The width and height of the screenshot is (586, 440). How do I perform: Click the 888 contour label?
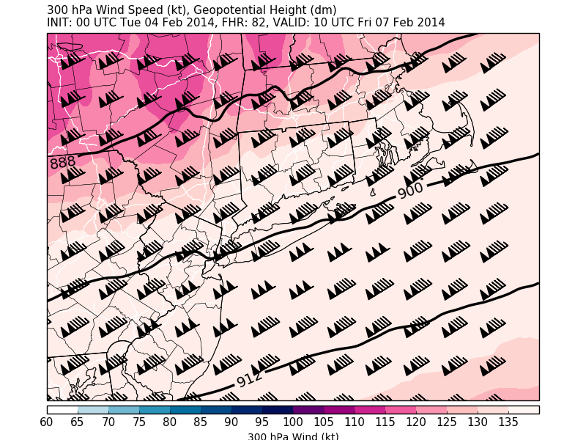pyautogui.click(x=62, y=163)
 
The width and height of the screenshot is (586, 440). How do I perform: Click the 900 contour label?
pyautogui.click(x=411, y=191)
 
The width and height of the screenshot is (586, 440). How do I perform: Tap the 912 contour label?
pyautogui.click(x=250, y=379)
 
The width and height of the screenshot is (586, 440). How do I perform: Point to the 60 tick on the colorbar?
pyautogui.click(x=47, y=422)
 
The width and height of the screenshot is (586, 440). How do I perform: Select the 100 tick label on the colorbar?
pyautogui.click(x=293, y=422)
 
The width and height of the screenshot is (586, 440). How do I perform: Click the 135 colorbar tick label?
pyautogui.click(x=508, y=422)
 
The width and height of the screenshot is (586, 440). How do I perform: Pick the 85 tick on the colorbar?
pyautogui.click(x=201, y=422)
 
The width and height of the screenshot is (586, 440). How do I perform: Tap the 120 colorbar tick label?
pyautogui.click(x=416, y=422)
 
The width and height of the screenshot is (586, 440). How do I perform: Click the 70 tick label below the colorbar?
pyautogui.click(x=108, y=422)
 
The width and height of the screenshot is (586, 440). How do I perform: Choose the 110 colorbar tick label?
pyautogui.click(x=355, y=422)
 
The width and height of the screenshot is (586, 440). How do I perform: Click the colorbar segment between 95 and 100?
pyautogui.click(x=278, y=410)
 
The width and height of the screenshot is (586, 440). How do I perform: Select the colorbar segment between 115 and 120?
pyautogui.click(x=401, y=410)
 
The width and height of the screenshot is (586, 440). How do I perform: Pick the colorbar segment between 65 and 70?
pyautogui.click(x=93, y=410)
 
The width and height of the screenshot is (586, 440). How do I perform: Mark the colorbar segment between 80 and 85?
pyautogui.click(x=185, y=410)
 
